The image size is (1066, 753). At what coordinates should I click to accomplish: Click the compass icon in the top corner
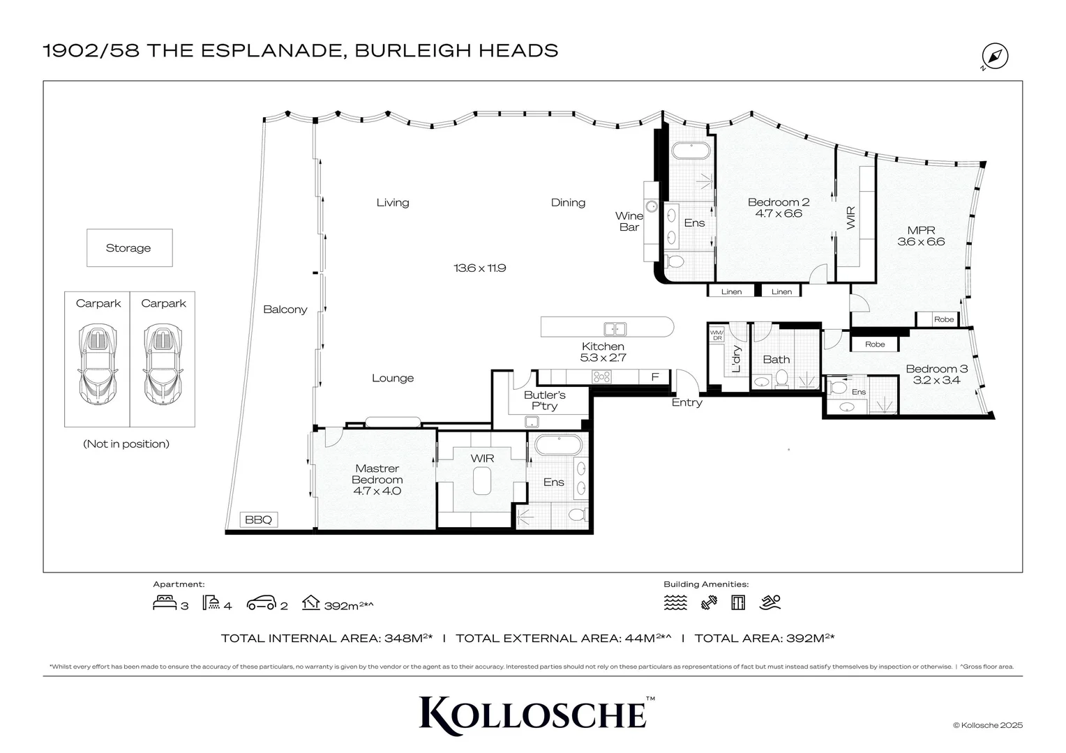(x=995, y=56)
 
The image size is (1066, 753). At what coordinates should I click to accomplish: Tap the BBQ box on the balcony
(x=259, y=519)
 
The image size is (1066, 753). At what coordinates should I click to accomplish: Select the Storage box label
(x=128, y=248)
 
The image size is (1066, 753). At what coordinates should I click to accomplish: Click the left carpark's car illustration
(x=98, y=364)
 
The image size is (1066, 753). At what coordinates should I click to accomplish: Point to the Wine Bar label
(x=629, y=221)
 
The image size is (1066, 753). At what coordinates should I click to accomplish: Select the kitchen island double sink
(x=615, y=328)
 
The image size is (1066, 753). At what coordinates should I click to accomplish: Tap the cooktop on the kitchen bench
(x=601, y=377)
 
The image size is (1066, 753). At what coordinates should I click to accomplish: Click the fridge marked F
(x=654, y=377)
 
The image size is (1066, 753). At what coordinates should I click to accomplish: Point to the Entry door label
(x=686, y=402)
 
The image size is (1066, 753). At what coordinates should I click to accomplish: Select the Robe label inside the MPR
(x=943, y=319)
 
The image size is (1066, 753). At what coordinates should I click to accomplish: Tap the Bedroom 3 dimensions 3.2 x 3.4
(x=936, y=380)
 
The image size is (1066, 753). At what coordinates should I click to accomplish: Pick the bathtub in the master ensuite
(x=557, y=445)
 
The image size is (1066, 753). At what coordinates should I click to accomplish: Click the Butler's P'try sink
(x=532, y=420)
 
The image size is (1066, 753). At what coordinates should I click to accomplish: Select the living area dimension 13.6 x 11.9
(x=479, y=268)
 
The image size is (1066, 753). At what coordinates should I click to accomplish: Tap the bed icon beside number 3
(x=165, y=602)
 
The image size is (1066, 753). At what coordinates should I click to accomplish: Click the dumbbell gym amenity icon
(x=709, y=602)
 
